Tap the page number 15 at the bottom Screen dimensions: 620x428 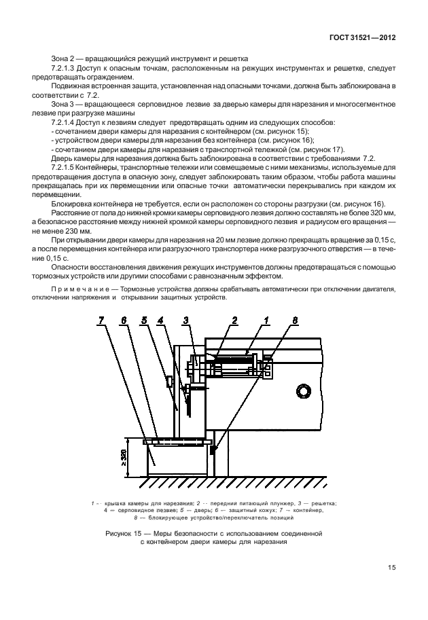tap(392, 568)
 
